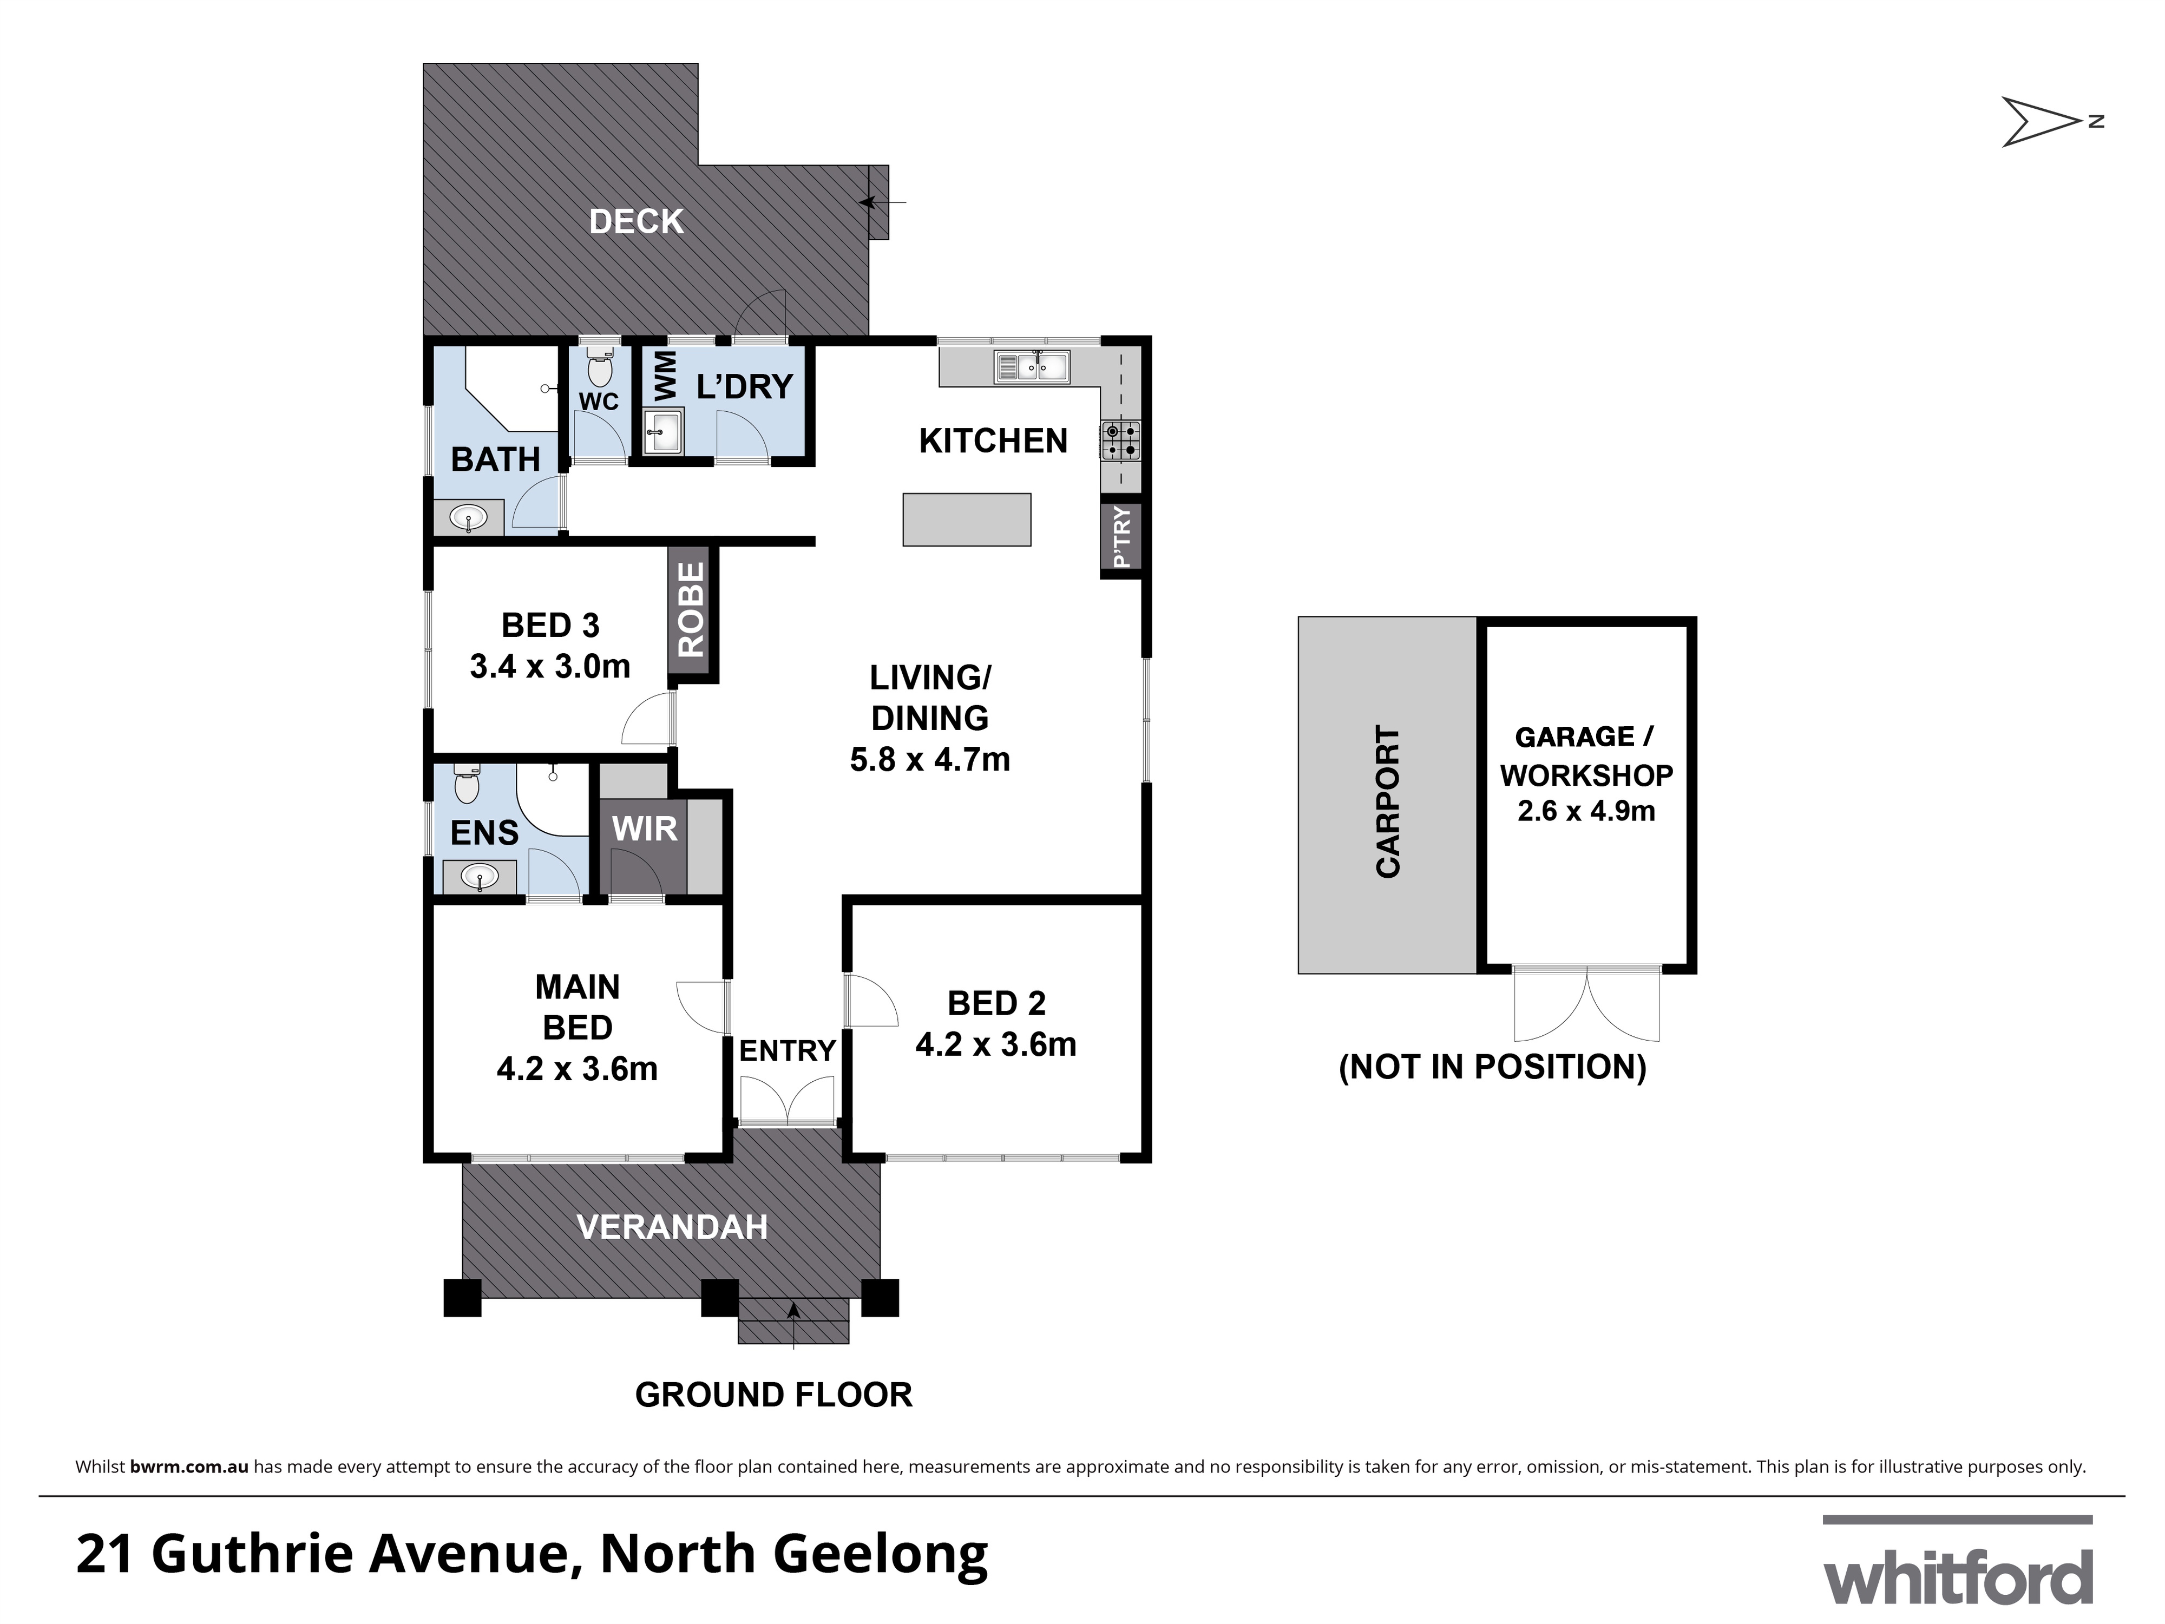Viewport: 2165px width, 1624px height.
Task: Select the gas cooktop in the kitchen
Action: (1121, 440)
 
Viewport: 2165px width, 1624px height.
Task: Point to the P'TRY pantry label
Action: (1121, 537)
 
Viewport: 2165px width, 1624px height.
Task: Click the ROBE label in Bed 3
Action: (692, 609)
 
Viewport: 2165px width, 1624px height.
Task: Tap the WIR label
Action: (644, 829)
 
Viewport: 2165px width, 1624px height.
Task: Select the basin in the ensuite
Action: (480, 877)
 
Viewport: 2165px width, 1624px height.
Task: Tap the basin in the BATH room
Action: (470, 517)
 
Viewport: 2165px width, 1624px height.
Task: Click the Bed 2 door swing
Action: (870, 1000)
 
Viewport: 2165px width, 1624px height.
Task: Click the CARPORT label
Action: (1388, 801)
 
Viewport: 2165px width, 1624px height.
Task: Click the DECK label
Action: (636, 222)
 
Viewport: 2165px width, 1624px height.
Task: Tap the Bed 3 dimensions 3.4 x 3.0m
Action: (550, 666)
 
